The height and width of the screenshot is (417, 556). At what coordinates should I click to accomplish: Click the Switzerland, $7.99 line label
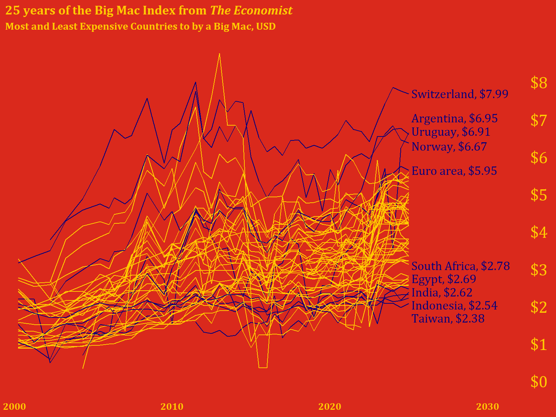coord(460,94)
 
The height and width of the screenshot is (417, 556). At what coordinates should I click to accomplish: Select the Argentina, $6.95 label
coord(454,118)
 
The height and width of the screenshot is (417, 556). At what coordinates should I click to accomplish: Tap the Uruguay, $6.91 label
coord(451,132)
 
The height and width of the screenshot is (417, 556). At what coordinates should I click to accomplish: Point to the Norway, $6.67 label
coord(449,147)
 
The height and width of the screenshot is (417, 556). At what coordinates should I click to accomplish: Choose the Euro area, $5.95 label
coord(454,171)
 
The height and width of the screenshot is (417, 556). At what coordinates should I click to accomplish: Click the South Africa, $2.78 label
coord(460,266)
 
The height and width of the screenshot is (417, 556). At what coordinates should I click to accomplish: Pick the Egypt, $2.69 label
coord(443,279)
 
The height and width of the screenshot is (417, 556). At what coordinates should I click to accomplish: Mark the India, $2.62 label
coord(442,292)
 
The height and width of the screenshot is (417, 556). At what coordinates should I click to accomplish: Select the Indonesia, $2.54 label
coord(454,306)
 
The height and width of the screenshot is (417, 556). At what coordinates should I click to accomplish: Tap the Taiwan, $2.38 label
coord(448,319)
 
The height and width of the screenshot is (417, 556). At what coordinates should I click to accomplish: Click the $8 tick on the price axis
coord(539,83)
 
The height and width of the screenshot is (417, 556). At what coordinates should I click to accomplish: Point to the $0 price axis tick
coord(539,382)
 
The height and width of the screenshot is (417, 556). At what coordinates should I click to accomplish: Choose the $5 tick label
coord(539,195)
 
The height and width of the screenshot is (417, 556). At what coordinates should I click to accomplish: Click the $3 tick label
coord(539,270)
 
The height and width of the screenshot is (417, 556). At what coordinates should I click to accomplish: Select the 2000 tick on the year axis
coord(14,407)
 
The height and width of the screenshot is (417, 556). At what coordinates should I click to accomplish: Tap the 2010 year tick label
coord(172,407)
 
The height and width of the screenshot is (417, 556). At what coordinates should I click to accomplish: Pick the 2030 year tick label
coord(487,407)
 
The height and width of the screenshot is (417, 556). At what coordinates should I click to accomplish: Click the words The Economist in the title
coord(251,10)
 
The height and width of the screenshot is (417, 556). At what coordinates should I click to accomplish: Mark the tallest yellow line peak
coord(219,54)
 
